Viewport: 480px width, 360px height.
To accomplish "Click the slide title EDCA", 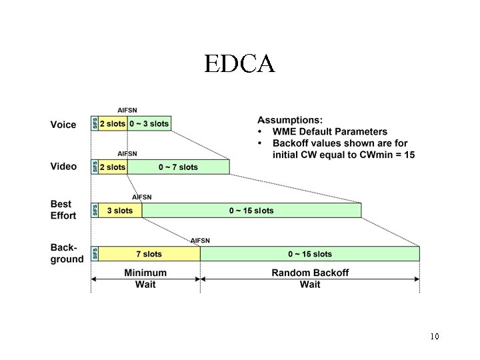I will pos(239,63).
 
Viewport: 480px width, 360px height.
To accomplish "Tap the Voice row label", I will pos(63,123).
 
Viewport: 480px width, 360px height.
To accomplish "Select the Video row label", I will pos(64,167).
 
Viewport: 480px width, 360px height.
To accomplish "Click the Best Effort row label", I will pos(63,209).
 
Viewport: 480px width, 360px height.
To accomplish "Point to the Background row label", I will pos(67,253).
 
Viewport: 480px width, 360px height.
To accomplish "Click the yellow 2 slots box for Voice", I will pos(113,123).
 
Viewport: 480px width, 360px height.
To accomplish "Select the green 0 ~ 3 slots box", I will pos(149,123).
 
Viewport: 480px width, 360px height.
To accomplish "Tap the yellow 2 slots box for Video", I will pos(113,167).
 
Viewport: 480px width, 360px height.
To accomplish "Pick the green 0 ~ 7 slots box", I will pos(178,167).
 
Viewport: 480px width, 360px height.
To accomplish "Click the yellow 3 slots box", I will pos(120,211).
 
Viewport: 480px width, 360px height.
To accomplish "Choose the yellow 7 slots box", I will pos(149,254).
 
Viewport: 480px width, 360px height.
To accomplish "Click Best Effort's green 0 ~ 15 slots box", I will pos(251,211).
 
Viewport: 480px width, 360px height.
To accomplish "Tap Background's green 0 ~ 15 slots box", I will pos(309,254).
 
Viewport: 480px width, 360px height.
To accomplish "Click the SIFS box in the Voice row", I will pos(95,123).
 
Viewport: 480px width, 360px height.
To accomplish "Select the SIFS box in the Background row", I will pos(95,254).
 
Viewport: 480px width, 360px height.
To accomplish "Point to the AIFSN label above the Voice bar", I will pos(127,109).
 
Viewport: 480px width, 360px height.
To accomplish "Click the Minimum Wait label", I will pos(145,279).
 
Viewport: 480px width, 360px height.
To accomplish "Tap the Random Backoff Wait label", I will pos(309,279).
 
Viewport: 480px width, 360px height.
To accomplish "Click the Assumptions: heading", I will pos(290,119).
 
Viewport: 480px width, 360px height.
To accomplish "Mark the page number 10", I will pos(434,336).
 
